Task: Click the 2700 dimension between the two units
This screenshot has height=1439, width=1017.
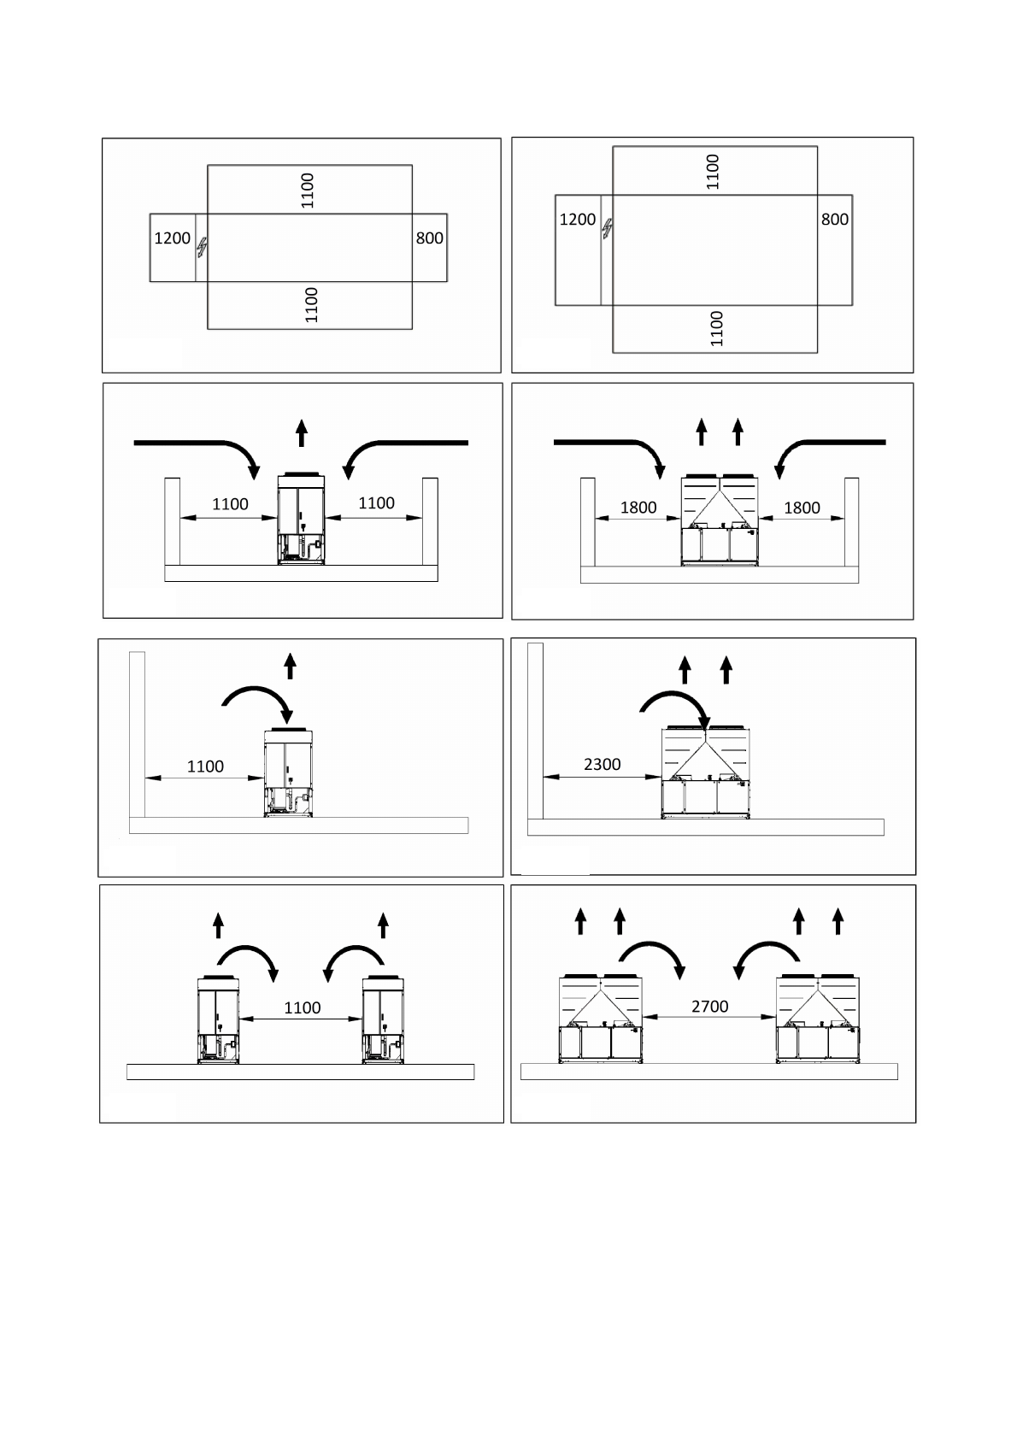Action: coord(709,1007)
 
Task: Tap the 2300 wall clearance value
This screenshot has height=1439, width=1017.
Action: coord(602,765)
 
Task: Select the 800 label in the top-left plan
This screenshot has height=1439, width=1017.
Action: coord(429,238)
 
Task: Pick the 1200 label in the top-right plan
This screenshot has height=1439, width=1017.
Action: coord(577,220)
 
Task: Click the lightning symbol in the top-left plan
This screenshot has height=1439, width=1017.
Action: coord(202,247)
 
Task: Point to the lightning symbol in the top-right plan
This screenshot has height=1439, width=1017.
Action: coord(607,228)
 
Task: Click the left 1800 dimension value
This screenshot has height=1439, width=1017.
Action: coord(638,508)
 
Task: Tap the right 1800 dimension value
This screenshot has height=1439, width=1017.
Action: coord(802,508)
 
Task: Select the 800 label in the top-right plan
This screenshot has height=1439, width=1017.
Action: coord(834,220)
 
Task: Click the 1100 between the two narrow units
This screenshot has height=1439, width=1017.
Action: coord(302,1008)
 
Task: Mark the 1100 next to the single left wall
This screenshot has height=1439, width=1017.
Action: coord(205,766)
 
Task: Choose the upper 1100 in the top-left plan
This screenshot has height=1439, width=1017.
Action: coord(309,191)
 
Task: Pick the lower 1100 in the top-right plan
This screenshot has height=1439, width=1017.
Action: coord(717,328)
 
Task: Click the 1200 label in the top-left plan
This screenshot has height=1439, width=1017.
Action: coord(172,238)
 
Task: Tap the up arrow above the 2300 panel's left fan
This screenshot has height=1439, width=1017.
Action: coord(685,669)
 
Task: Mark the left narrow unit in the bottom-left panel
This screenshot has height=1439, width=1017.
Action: coord(219,1021)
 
